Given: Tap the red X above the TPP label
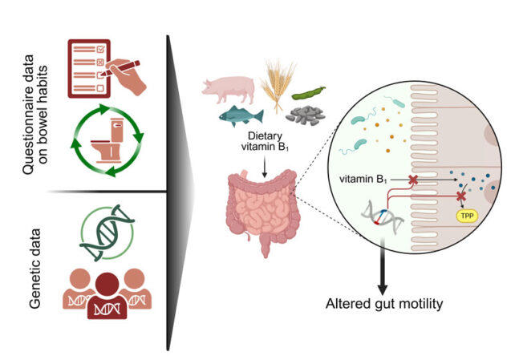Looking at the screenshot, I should [460, 196].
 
